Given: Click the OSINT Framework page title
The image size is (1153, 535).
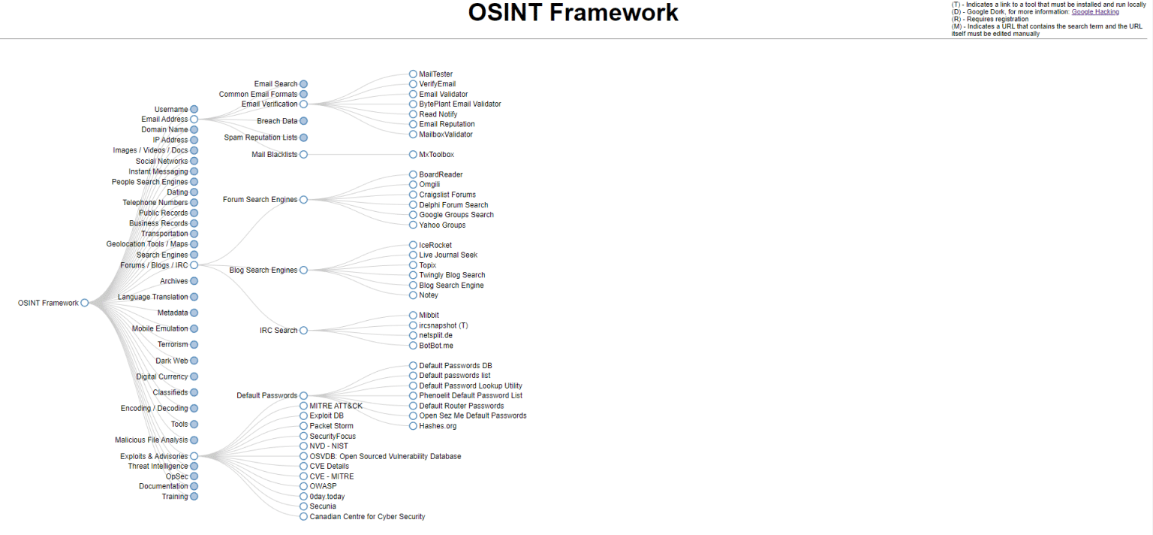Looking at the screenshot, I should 573,13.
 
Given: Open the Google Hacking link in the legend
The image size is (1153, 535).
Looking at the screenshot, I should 1094,12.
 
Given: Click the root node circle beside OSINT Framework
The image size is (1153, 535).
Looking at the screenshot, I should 85,303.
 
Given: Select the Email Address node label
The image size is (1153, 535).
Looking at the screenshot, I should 164,119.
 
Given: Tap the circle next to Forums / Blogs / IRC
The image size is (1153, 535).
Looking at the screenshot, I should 194,265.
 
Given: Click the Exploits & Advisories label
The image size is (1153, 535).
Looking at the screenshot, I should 154,456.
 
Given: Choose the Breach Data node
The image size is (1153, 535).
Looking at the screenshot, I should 277,121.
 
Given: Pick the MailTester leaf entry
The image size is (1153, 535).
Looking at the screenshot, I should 435,74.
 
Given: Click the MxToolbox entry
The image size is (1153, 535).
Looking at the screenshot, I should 436,155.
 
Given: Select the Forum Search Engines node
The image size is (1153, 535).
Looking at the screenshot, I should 260,200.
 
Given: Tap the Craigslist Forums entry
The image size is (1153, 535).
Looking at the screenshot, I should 447,195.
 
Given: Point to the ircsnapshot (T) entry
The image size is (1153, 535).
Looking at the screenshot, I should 443,325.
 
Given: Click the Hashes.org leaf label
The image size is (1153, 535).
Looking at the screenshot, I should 438,426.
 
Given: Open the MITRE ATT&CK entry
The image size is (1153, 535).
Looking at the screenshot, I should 336,406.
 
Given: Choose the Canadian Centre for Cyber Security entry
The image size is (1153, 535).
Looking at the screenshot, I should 367,517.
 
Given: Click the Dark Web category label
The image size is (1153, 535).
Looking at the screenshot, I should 172,361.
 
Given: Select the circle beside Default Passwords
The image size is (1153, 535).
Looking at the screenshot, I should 303,395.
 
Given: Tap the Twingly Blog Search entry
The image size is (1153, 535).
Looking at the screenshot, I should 452,275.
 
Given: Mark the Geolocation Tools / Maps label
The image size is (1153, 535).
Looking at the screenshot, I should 147,244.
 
